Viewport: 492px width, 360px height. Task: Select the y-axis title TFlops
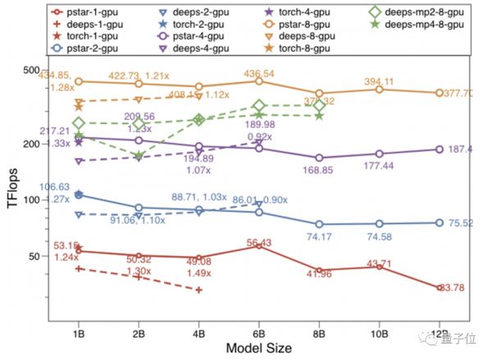14,191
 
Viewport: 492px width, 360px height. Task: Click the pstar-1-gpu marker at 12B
440,288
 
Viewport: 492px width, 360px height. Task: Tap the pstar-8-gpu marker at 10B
380,89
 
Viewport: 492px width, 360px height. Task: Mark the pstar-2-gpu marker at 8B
320,225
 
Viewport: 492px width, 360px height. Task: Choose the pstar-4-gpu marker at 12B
440,149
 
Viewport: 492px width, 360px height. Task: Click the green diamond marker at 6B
260,106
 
